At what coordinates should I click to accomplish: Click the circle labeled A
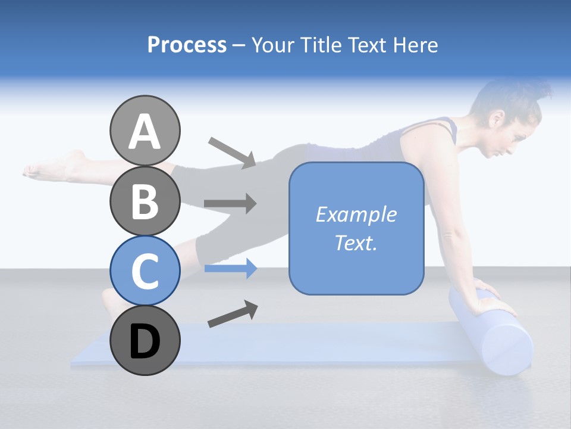(x=145, y=130)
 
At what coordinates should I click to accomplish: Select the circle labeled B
(x=145, y=201)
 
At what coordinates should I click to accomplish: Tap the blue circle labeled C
(x=145, y=271)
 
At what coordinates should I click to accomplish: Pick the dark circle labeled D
(x=145, y=340)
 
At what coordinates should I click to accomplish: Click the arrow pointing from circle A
(x=232, y=152)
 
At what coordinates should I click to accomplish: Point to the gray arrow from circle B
(x=230, y=204)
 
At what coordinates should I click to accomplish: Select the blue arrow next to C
(x=230, y=269)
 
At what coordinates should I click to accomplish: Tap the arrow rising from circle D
(x=233, y=314)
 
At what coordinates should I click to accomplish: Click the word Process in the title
(x=187, y=45)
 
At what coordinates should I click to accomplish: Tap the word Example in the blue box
(x=356, y=214)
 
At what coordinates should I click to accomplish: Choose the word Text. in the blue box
(x=356, y=243)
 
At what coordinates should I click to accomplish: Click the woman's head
(x=506, y=119)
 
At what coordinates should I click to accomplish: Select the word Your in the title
(x=274, y=45)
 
